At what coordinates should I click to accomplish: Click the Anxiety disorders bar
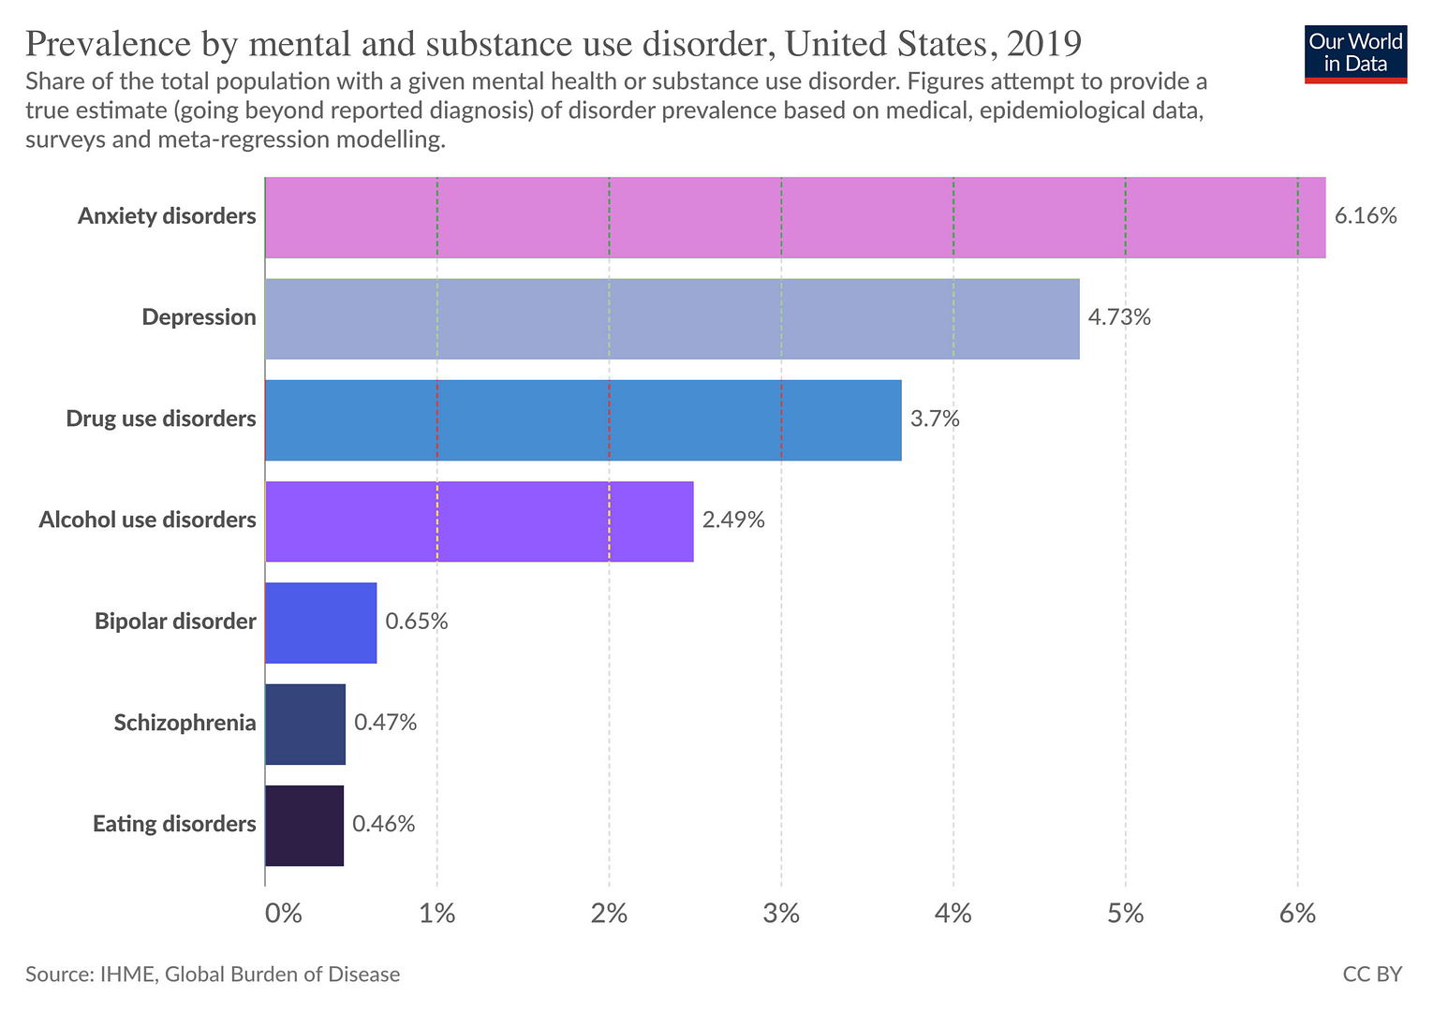(x=794, y=217)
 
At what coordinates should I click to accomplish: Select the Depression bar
(x=672, y=318)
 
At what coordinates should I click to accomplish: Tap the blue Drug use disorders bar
(x=583, y=419)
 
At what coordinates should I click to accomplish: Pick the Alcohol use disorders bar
(x=479, y=521)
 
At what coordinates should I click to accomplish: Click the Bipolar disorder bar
(x=320, y=623)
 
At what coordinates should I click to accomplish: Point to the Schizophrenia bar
(x=305, y=724)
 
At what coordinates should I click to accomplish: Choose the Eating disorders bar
(x=304, y=825)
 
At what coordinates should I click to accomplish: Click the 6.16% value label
(x=1366, y=216)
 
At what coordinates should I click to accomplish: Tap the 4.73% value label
(x=1119, y=317)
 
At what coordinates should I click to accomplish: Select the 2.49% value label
(x=733, y=520)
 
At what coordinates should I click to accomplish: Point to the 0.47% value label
(x=385, y=722)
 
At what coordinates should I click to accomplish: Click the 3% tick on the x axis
(x=781, y=914)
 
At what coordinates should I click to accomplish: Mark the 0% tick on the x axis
(x=283, y=914)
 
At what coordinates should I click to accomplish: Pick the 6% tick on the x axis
(x=1297, y=914)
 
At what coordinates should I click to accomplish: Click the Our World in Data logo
(x=1355, y=53)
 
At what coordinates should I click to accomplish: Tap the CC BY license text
(x=1372, y=974)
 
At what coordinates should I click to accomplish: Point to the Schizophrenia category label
(x=185, y=723)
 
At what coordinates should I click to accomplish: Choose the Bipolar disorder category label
(x=175, y=622)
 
